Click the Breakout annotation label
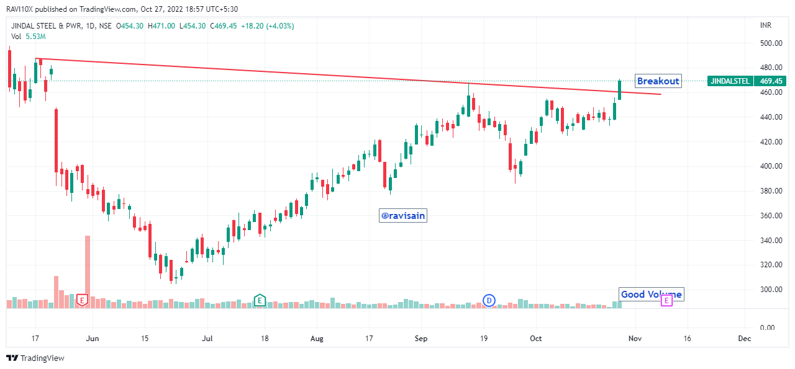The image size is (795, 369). coord(658,81)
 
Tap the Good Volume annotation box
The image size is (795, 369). coord(652,295)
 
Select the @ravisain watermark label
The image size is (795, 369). coord(403,216)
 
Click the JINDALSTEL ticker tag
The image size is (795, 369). coord(730,81)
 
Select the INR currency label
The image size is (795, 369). coord(766,25)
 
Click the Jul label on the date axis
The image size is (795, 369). coord(207,339)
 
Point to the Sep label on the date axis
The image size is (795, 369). coord(422,339)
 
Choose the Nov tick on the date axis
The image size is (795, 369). coord(635,339)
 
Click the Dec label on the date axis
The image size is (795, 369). coord(745,339)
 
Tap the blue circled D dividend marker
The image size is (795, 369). coord(489,301)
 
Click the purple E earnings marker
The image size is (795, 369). coord(666,301)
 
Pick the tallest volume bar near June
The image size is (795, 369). coord(88,272)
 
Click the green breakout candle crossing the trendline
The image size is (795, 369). coord(619,91)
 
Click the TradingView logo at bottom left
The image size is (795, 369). coord(35,358)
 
